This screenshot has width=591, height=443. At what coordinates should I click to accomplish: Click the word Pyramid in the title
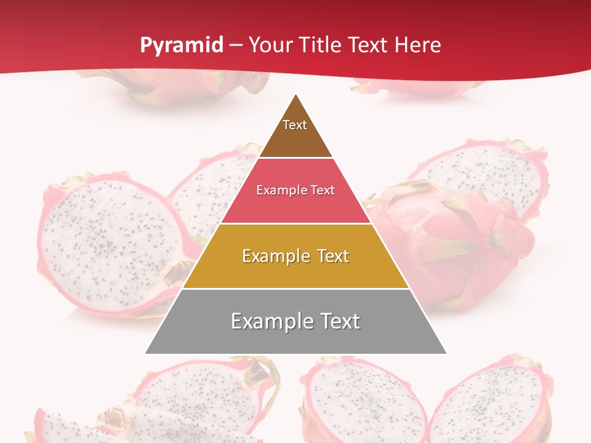(x=182, y=46)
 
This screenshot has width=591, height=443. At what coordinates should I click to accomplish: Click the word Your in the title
(x=271, y=46)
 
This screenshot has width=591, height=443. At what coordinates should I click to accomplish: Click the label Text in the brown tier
(x=295, y=125)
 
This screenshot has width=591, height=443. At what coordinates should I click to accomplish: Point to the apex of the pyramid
(x=295, y=95)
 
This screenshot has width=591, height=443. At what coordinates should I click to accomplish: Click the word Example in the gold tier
(x=275, y=256)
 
